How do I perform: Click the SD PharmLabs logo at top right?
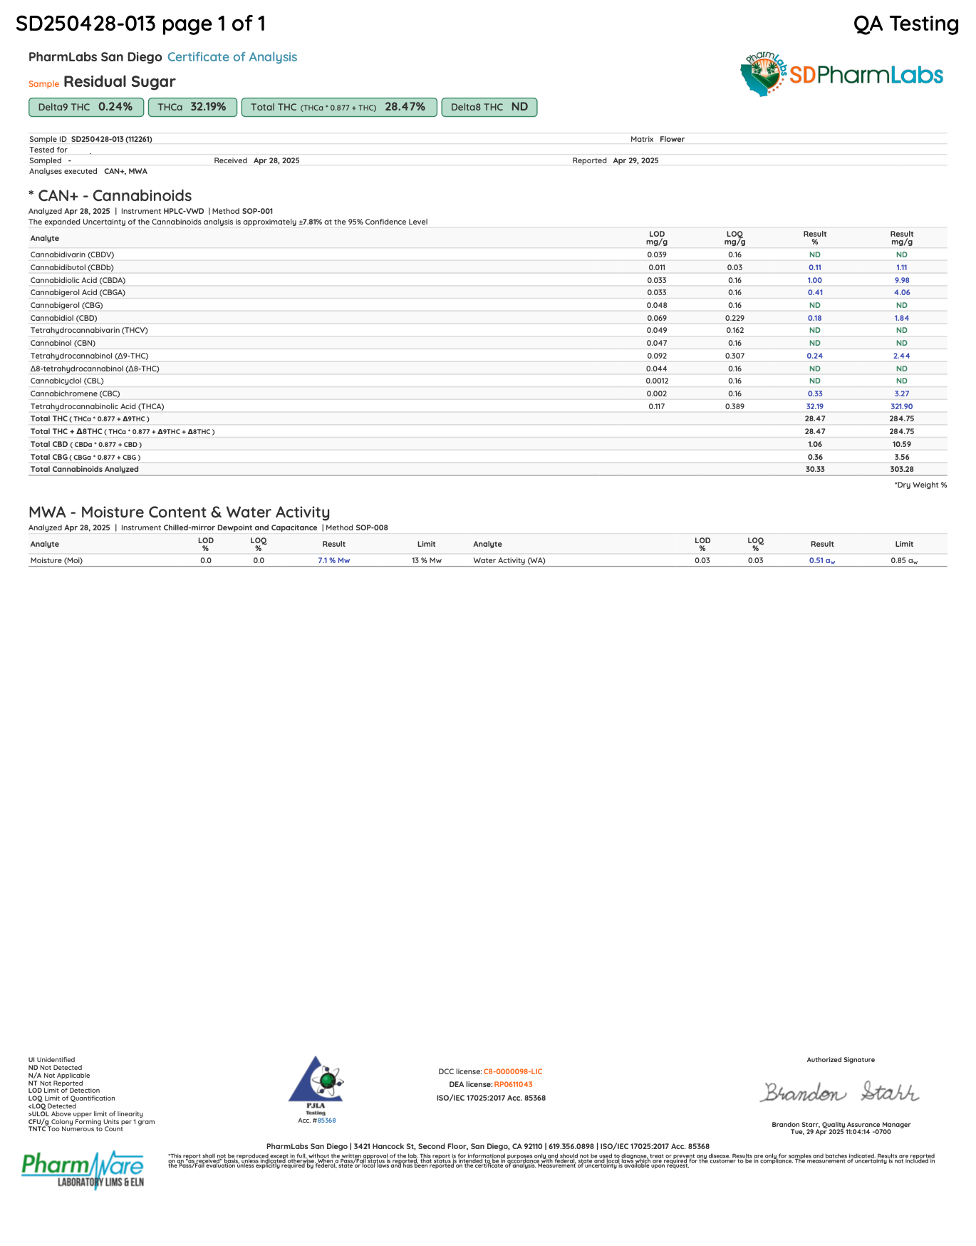tap(842, 74)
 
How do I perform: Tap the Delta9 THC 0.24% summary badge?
tap(86, 107)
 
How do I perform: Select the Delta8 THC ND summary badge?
tap(489, 107)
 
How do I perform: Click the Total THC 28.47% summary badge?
tap(338, 107)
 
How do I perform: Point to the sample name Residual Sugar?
tap(119, 82)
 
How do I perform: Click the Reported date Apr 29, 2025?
tap(635, 160)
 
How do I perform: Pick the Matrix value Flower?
tap(672, 139)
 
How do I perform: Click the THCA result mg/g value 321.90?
tap(901, 406)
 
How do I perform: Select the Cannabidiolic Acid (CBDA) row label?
tap(78, 280)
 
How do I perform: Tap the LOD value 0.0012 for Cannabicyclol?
tap(657, 381)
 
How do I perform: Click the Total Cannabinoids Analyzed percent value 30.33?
tap(815, 469)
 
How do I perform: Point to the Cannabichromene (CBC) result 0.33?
tap(815, 393)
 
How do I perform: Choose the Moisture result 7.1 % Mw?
tap(333, 560)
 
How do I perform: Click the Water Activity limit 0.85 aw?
tap(903, 560)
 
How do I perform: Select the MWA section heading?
tap(179, 512)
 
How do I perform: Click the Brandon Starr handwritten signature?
tap(840, 1092)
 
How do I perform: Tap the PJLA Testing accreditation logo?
tap(316, 1085)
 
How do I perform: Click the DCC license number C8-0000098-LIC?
tap(512, 1071)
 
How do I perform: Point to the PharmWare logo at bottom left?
tap(83, 1169)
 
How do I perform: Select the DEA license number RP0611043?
tap(513, 1084)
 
